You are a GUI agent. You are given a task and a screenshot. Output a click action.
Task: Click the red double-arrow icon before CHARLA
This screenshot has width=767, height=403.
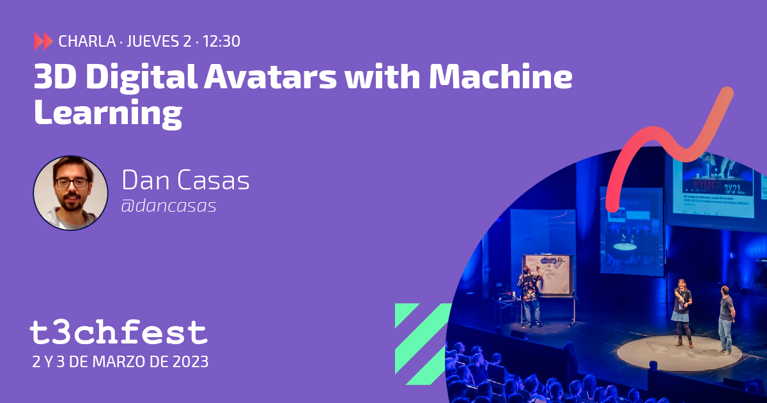click(x=43, y=42)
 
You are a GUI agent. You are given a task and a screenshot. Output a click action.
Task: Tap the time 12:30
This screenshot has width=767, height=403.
click(x=221, y=42)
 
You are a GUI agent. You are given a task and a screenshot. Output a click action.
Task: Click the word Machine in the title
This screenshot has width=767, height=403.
click(x=500, y=78)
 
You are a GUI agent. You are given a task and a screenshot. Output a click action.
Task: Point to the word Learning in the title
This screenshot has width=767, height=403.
click(x=107, y=113)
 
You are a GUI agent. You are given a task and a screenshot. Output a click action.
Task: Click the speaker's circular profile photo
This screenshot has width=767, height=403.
click(x=70, y=193)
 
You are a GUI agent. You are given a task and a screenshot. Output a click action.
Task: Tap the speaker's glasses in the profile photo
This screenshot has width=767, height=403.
click(x=71, y=182)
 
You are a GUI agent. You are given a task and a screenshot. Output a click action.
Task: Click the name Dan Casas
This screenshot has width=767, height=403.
click(x=185, y=181)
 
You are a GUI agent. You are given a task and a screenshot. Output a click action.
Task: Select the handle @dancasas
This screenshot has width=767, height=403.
click(x=169, y=206)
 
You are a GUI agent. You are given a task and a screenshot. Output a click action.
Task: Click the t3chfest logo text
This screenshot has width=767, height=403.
click(x=119, y=333)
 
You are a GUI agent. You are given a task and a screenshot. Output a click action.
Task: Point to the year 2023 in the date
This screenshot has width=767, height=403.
click(x=189, y=361)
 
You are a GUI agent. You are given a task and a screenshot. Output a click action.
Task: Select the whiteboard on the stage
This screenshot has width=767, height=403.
click(x=547, y=275)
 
